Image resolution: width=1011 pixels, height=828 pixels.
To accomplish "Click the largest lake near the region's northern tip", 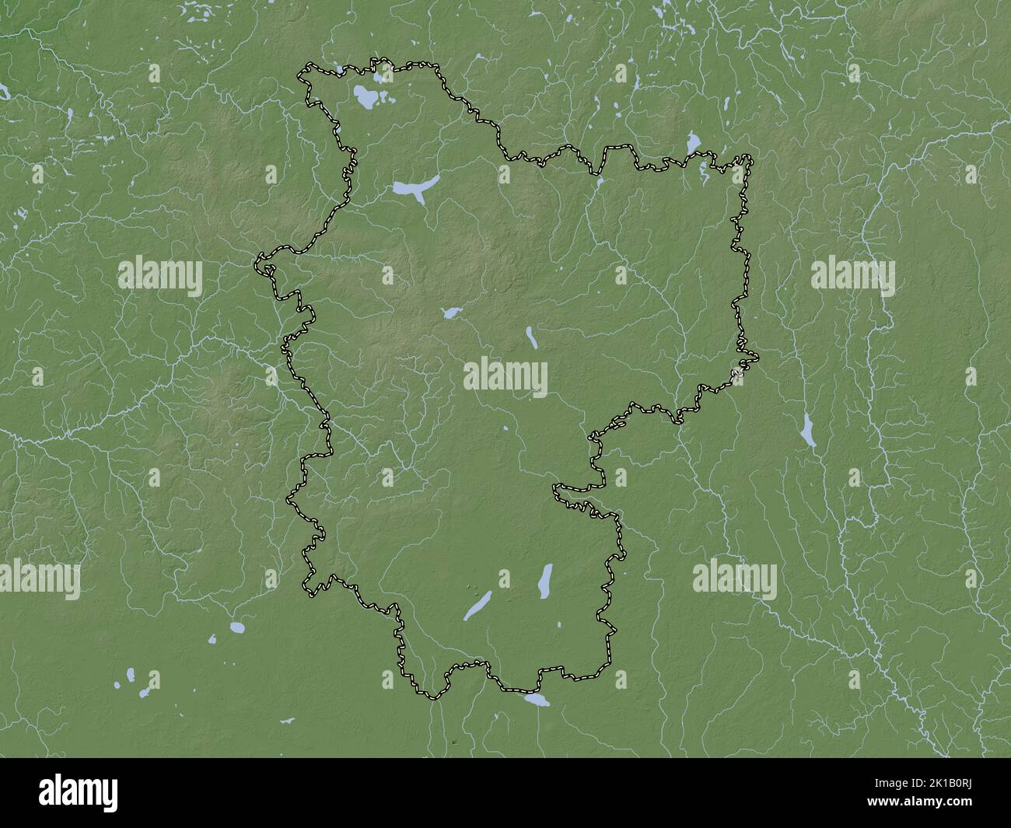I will tap(362, 97).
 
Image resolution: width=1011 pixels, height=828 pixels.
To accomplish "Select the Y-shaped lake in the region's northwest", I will tap(414, 188).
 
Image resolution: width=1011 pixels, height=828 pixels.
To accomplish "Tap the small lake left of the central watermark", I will tap(450, 313).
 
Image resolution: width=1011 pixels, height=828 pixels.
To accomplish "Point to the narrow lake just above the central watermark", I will tap(531, 337).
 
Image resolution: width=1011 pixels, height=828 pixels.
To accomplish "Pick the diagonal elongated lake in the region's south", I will tap(478, 606).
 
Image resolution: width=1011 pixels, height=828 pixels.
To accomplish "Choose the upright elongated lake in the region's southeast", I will tap(546, 580).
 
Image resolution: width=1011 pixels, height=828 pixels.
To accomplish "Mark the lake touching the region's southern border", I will tap(537, 700).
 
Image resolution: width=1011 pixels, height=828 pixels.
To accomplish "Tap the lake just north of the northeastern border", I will tap(691, 143).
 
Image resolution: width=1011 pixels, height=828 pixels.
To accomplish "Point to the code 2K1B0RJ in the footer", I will tap(951, 784).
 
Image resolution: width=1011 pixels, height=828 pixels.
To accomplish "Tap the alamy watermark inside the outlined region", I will tap(505, 378).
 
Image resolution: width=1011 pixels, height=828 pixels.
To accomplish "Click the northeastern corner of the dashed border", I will tap(749, 158).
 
